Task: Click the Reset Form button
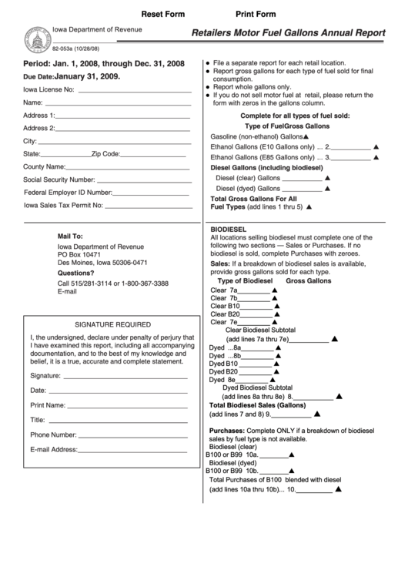coord(163,15)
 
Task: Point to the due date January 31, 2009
coord(87,77)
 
